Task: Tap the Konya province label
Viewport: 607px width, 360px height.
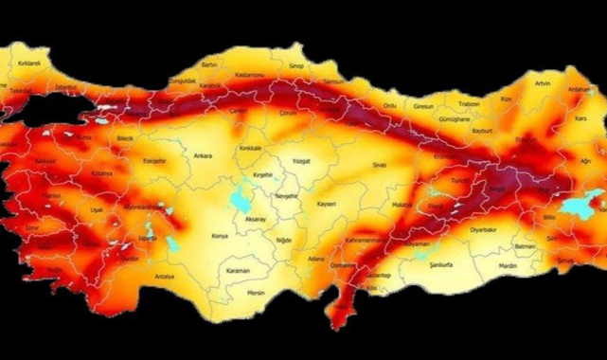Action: click(220, 235)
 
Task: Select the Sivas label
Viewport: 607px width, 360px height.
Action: click(381, 165)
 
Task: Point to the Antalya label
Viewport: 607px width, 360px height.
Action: click(165, 276)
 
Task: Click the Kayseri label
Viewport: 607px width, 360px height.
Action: click(328, 204)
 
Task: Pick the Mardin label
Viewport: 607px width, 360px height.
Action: click(508, 266)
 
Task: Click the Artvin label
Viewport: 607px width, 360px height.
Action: click(543, 83)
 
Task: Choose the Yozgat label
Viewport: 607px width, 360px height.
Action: click(302, 161)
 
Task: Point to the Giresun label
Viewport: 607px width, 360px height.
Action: click(423, 107)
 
